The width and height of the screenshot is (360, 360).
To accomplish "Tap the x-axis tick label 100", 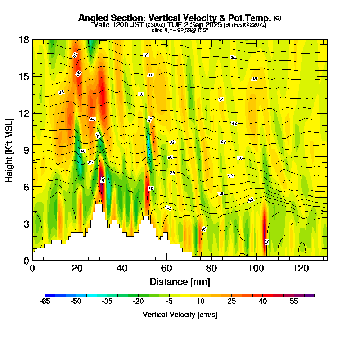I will pyautogui.click(x=256, y=268).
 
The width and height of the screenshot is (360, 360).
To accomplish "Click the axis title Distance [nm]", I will pyautogui.click(x=180, y=282).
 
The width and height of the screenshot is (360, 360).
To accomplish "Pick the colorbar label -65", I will pyautogui.click(x=45, y=302).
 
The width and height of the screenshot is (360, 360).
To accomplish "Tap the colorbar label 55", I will pyautogui.click(x=294, y=302).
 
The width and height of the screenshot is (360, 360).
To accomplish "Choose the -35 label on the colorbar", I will pyautogui.click(x=107, y=302).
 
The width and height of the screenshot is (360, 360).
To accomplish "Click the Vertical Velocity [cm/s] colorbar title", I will pyautogui.click(x=180, y=315).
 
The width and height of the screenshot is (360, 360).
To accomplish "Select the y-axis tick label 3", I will pyautogui.click(x=26, y=224).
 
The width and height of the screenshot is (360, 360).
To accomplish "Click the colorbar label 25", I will pyautogui.click(x=231, y=302).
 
